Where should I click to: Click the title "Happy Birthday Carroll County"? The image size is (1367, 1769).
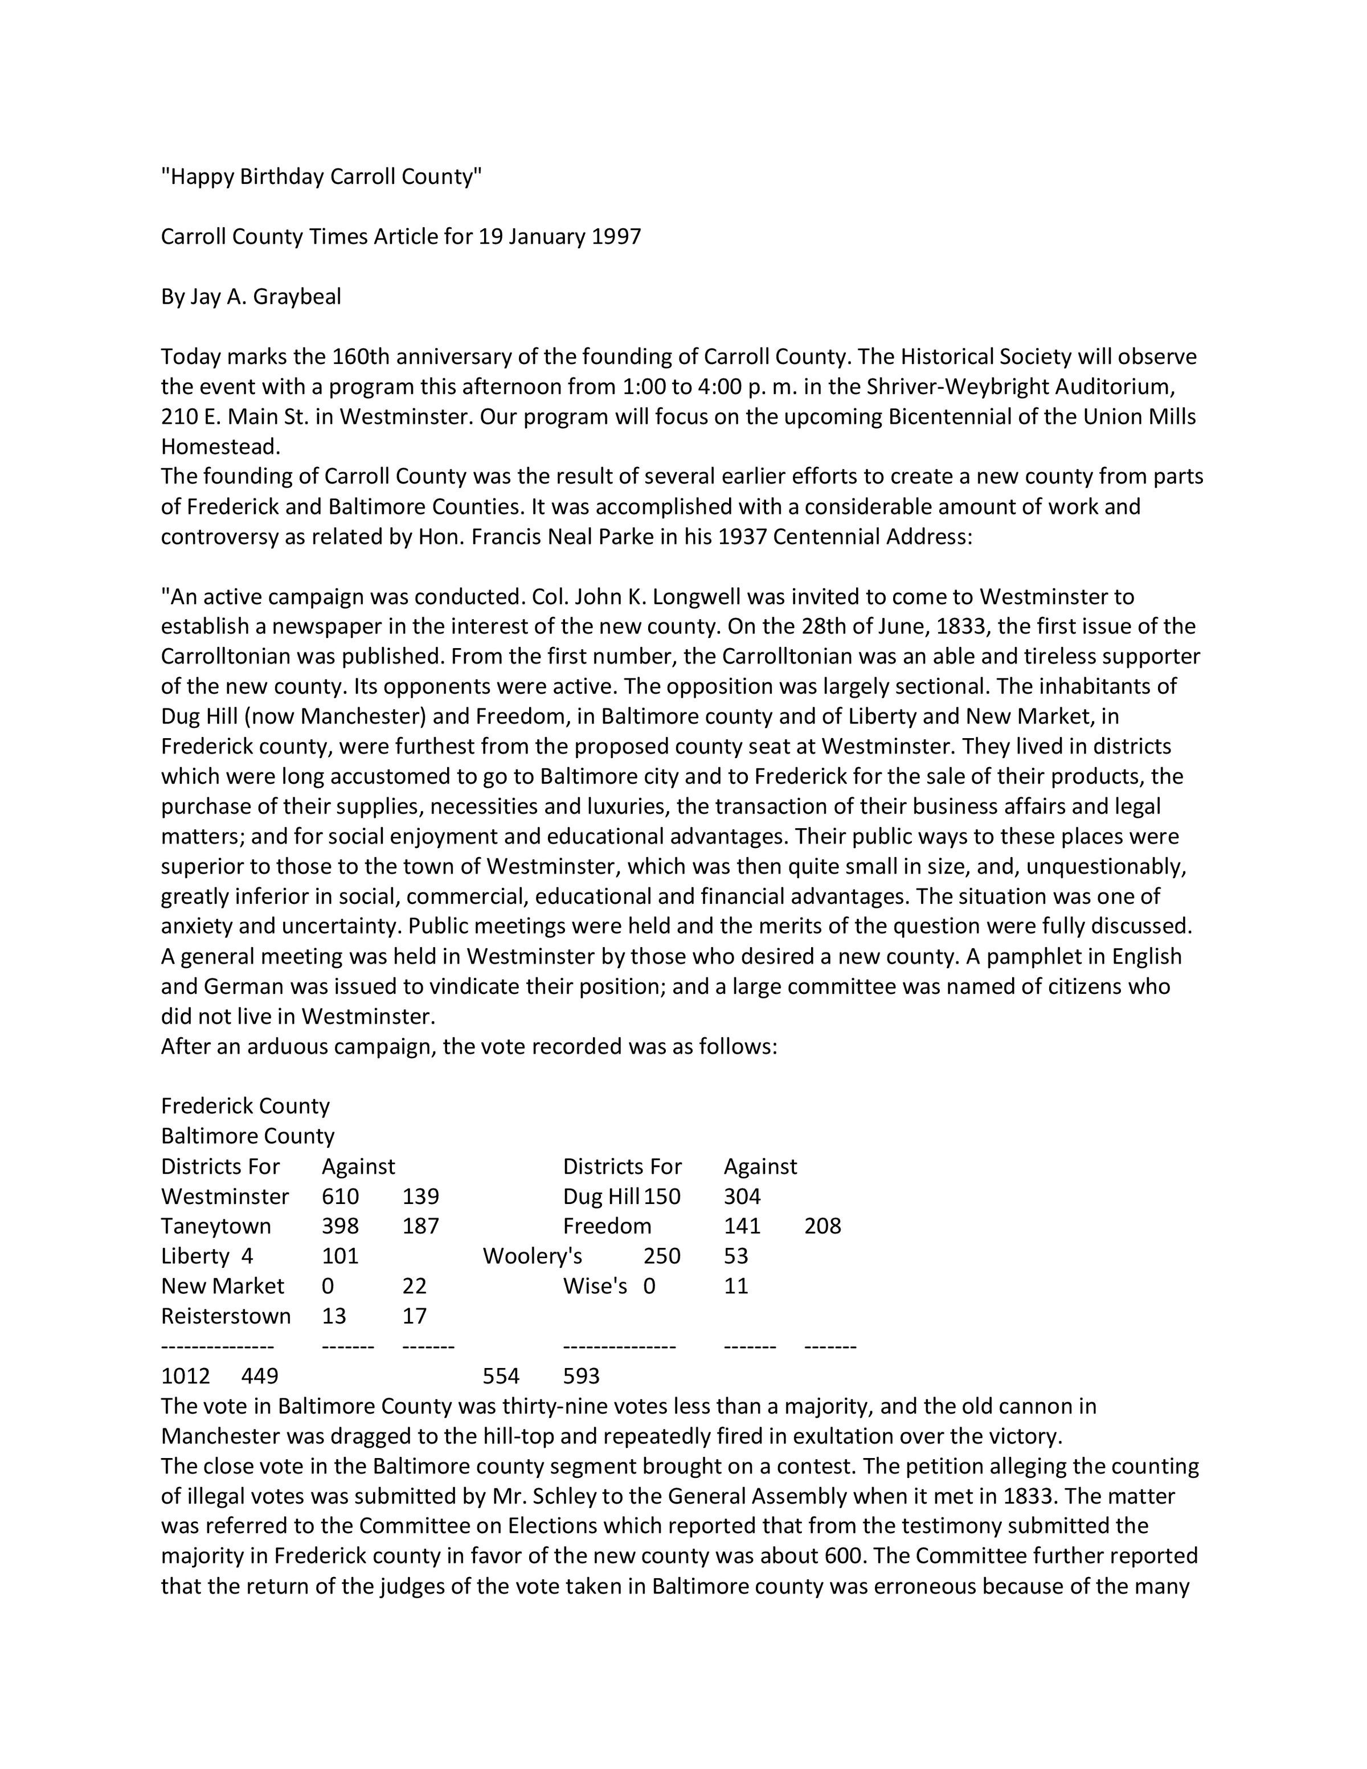(x=321, y=177)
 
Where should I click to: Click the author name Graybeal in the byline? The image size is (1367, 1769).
(x=297, y=297)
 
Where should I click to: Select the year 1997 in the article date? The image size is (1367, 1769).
(x=616, y=236)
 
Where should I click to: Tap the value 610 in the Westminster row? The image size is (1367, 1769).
(x=340, y=1197)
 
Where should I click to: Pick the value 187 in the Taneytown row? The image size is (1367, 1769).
(x=420, y=1226)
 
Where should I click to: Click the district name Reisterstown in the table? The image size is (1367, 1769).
(x=226, y=1316)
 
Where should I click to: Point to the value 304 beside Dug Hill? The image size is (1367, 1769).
(x=742, y=1197)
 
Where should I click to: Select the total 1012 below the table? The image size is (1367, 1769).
(x=186, y=1375)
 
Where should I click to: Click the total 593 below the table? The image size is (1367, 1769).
(x=582, y=1375)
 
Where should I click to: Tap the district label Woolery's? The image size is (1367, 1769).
(x=532, y=1256)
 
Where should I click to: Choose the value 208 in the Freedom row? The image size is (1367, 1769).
(x=823, y=1226)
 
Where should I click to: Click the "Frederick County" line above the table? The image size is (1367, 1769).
(x=245, y=1107)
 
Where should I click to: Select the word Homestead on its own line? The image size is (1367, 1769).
(x=220, y=447)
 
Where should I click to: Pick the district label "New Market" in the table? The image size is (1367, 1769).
(x=223, y=1286)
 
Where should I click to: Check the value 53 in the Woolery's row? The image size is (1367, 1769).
(x=736, y=1256)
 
